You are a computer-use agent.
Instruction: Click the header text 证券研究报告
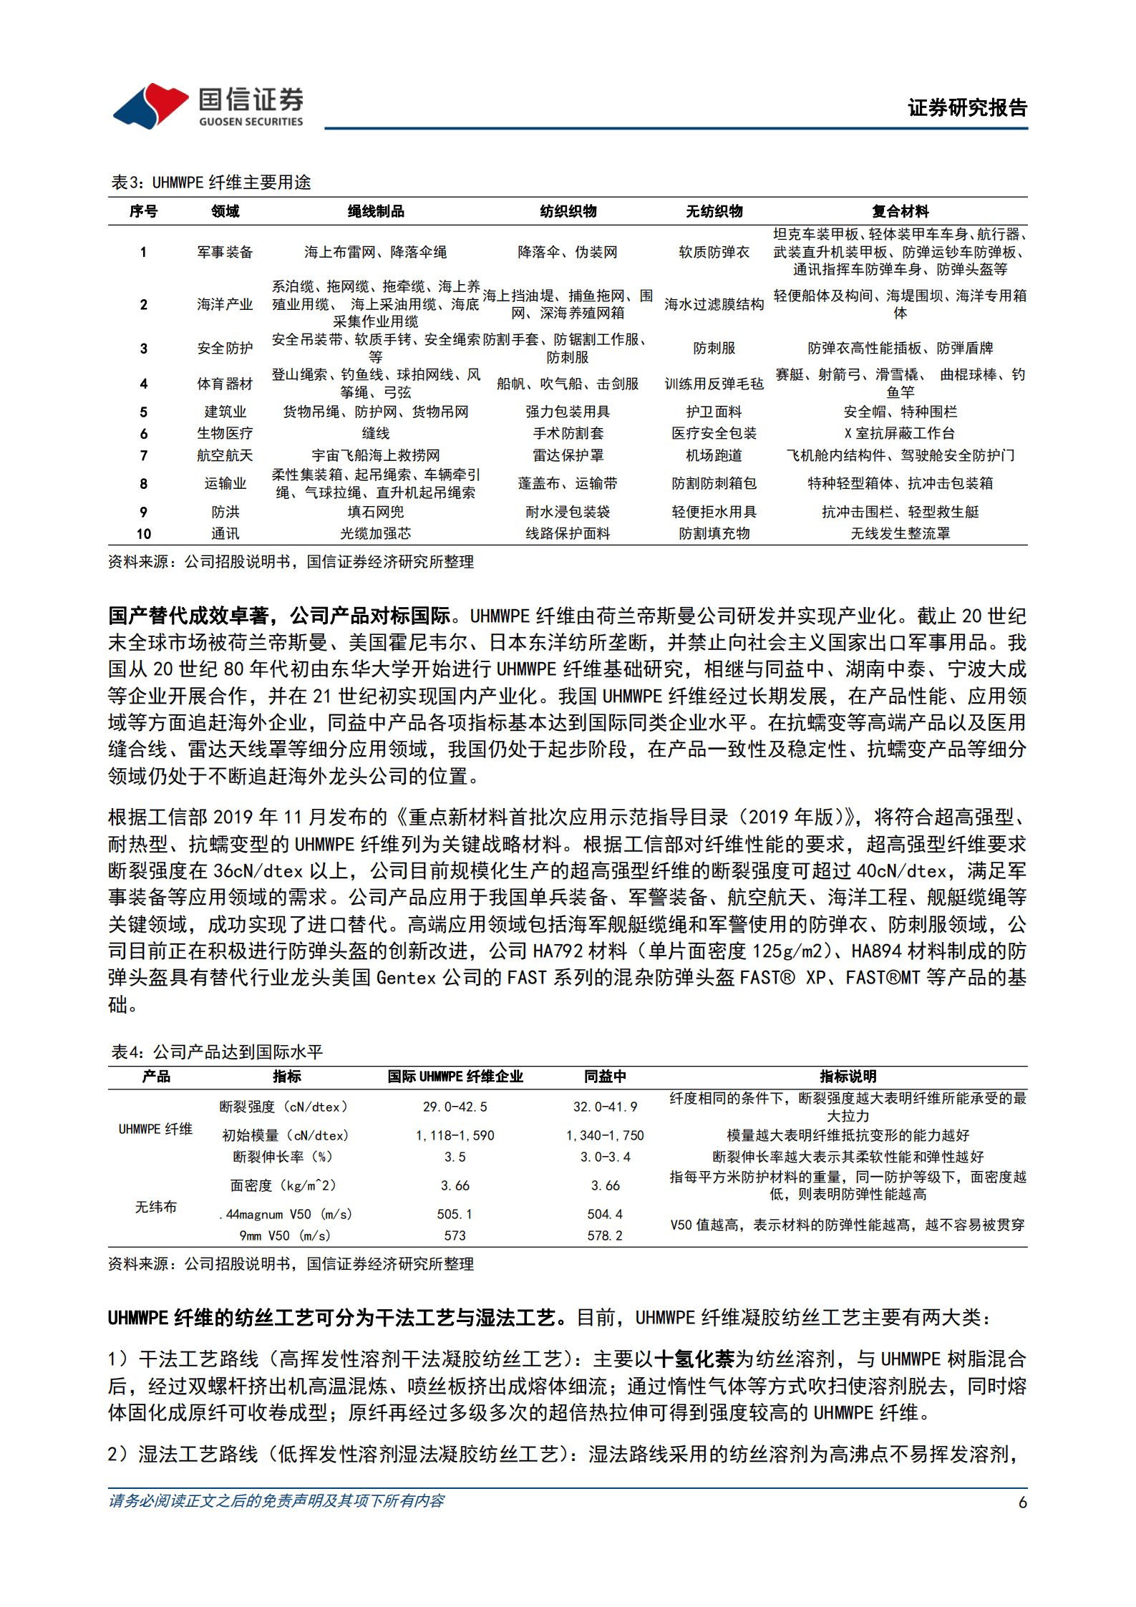point(967,108)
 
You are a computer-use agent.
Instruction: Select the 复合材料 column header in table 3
point(900,211)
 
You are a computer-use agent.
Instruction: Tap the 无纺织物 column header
point(714,211)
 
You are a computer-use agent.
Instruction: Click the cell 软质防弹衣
point(714,252)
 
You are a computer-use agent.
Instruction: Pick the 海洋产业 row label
point(225,304)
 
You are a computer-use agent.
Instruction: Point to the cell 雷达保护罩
point(568,455)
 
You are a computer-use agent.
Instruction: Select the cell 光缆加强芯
point(375,533)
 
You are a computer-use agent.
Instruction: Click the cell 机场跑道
point(714,455)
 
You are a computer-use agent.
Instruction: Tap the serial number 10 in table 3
point(144,534)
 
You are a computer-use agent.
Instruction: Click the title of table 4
point(217,1052)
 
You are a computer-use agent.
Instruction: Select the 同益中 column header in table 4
point(605,1077)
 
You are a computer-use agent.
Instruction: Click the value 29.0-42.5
point(455,1107)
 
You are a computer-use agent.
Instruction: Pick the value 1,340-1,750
point(605,1135)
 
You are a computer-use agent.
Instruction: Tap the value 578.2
point(605,1235)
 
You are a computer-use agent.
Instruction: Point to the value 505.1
point(455,1214)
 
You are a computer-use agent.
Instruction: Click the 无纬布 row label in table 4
point(155,1207)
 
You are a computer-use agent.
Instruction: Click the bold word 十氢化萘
point(694,1359)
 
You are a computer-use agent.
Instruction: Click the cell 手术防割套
point(568,433)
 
